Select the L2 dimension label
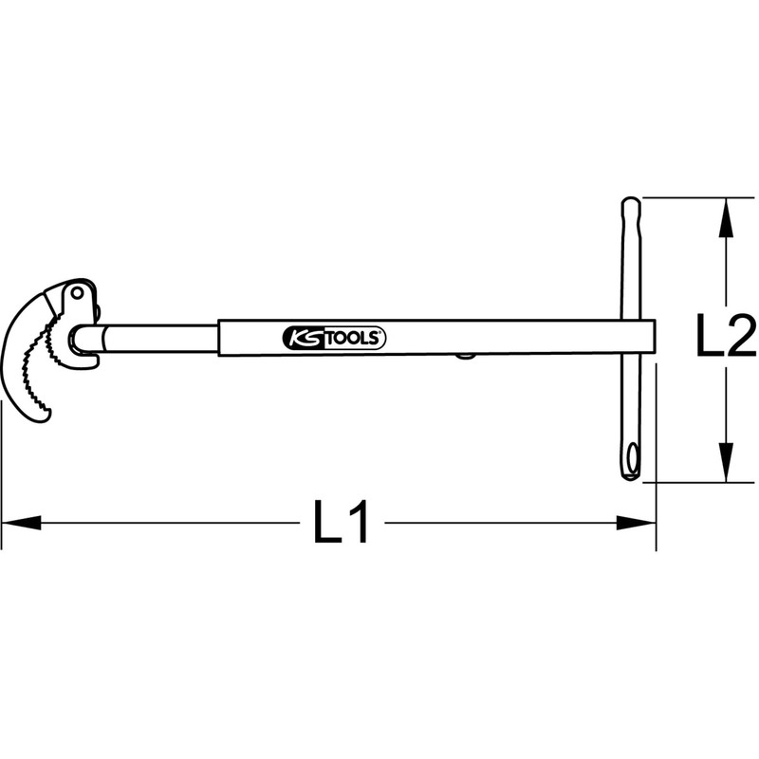point(724,338)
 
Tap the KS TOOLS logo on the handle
point(333,338)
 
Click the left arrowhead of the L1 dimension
point(21,521)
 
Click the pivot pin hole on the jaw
point(76,296)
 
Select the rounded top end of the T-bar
point(630,205)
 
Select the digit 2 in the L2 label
point(740,338)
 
